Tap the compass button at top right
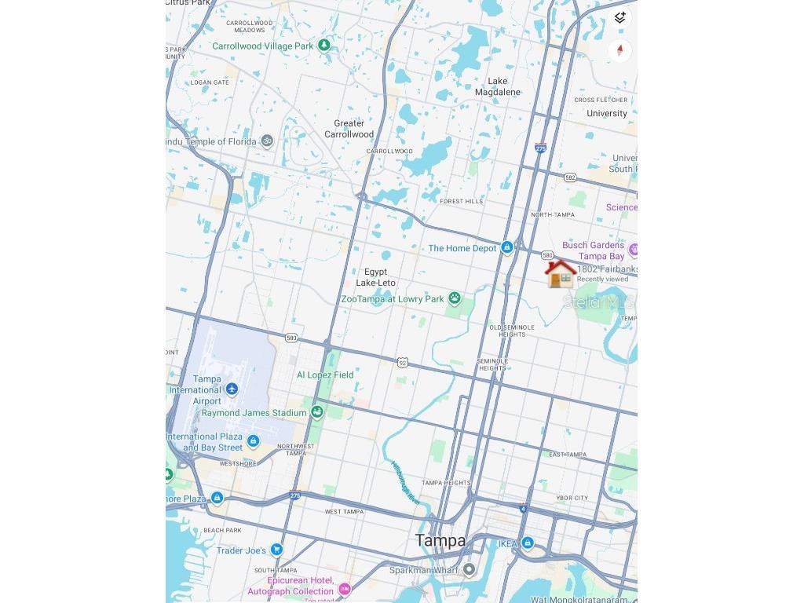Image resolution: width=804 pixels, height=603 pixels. tap(619, 51)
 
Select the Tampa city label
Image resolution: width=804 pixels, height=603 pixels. tap(440, 540)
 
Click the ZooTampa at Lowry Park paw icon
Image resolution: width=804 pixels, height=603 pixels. tap(454, 299)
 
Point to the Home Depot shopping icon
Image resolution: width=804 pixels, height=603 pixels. tap(507, 248)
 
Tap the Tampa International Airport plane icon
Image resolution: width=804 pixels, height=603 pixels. tap(232, 389)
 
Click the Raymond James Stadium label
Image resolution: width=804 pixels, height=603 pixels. tap(254, 413)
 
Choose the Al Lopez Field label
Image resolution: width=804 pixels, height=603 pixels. tap(324, 375)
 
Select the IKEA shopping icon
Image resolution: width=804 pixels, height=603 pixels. tap(528, 543)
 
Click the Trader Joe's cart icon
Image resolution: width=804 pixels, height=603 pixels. tap(276, 550)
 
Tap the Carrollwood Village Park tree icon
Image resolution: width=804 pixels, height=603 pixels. tap(323, 46)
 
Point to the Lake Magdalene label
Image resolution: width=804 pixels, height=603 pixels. tap(498, 86)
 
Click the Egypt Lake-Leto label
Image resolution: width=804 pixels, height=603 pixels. tap(375, 277)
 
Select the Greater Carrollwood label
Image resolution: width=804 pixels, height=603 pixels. tap(349, 129)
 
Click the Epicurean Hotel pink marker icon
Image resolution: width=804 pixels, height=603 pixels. tap(344, 589)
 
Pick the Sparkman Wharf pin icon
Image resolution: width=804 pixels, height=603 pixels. tap(469, 570)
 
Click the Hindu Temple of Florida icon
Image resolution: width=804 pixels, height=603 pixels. tap(267, 141)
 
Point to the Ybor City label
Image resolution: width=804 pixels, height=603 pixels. tap(572, 498)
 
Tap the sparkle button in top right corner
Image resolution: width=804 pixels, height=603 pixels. tap(619, 18)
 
